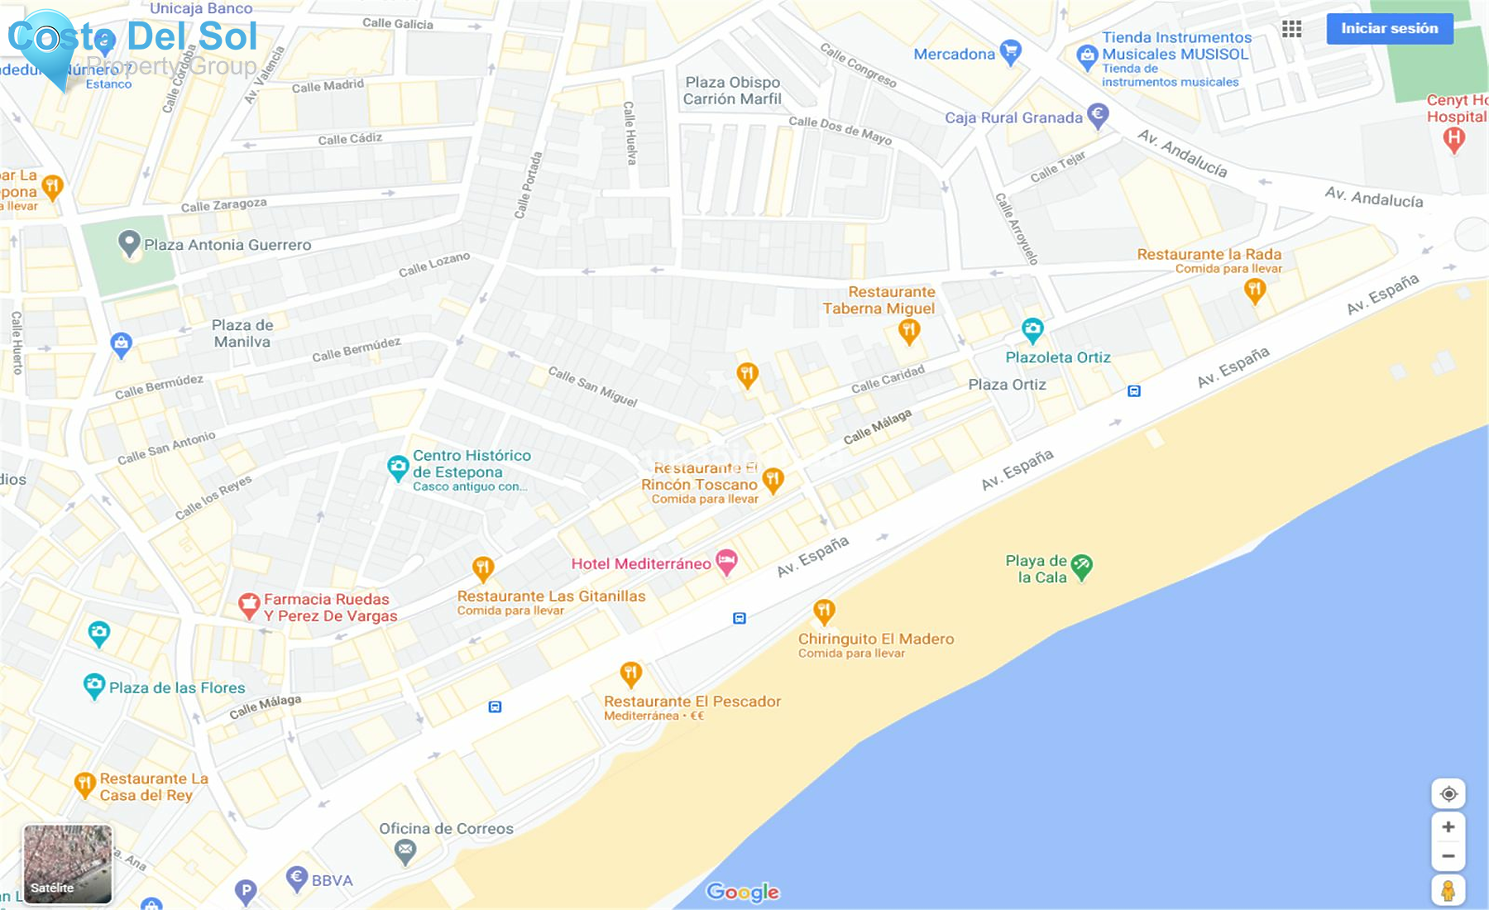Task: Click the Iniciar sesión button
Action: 1389,28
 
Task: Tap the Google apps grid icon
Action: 1291,29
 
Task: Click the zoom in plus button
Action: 1448,826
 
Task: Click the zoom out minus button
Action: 1448,856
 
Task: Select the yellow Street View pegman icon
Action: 1448,891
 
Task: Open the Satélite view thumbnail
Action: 67,864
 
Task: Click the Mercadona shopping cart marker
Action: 1009,52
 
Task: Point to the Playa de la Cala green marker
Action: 1081,567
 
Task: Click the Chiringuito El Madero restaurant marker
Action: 823,611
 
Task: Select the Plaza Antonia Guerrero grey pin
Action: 128,243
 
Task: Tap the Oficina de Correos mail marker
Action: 405,850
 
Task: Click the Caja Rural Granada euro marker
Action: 1098,115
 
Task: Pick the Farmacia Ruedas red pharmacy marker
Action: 248,606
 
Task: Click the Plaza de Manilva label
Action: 242,333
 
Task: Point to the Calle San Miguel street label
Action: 592,386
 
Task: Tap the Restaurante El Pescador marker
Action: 630,674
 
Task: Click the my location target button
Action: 1448,794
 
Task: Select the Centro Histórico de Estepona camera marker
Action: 398,467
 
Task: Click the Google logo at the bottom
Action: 742,892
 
